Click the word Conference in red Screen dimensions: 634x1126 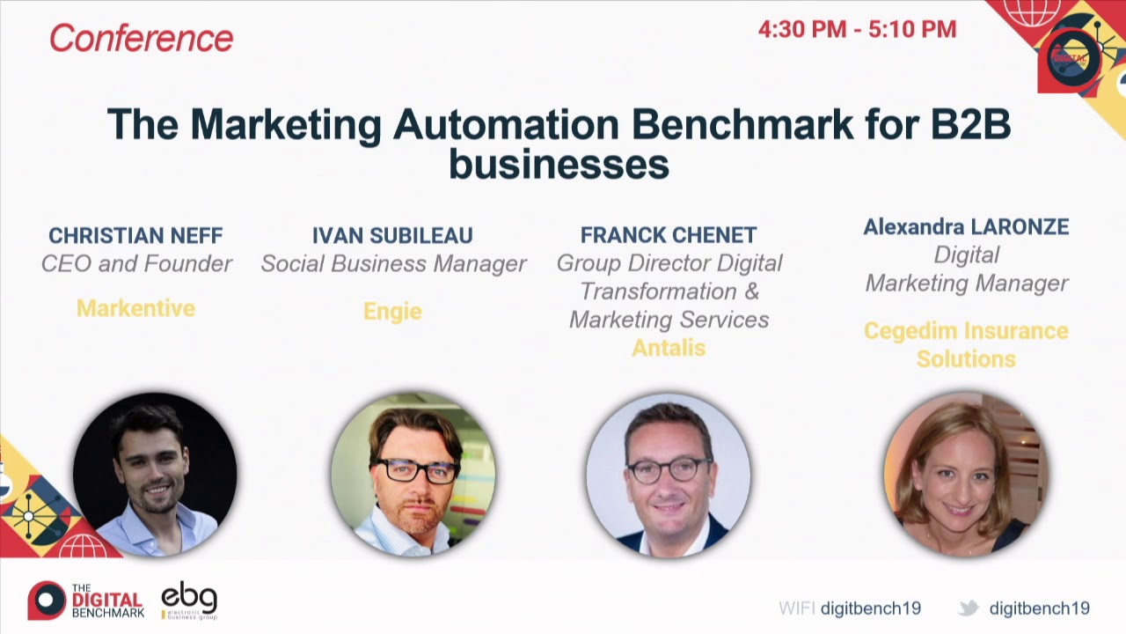point(141,38)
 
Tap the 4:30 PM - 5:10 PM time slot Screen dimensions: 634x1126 point(857,29)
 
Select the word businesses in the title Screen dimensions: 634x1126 point(559,165)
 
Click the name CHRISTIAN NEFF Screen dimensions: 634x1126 point(135,236)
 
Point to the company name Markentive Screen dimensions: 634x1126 point(135,308)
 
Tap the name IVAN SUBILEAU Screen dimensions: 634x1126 point(392,236)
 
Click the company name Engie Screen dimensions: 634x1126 point(392,311)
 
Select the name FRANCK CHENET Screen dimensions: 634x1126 point(669,235)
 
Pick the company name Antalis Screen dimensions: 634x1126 point(669,348)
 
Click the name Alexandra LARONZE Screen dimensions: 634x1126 point(966,227)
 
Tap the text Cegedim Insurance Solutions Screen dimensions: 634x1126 point(966,344)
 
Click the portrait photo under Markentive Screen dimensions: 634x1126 point(155,475)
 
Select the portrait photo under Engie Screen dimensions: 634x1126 point(413,475)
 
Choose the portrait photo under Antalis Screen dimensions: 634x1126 point(669,475)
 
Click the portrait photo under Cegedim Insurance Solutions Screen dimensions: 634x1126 point(966,475)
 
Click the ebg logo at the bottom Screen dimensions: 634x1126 point(189,600)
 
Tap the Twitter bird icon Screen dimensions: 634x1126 point(969,608)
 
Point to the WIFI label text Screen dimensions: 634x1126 point(796,608)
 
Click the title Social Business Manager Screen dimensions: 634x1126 point(393,264)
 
